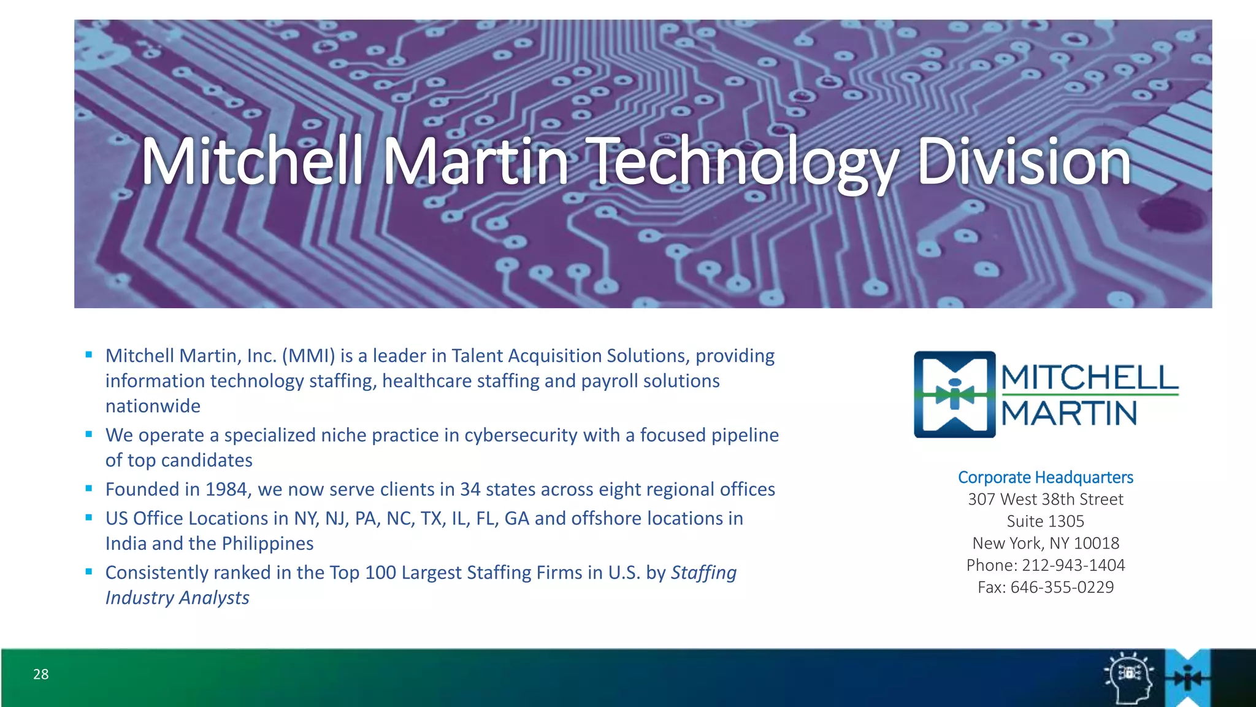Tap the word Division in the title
1024,162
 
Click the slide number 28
41,674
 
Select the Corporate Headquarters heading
1046,477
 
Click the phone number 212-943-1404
1073,565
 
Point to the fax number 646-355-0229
1062,587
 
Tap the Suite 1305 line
1046,522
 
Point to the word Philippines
267,544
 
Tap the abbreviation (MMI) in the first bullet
308,356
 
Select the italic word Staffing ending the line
703,573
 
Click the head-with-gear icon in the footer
1128,677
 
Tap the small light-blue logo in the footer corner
1188,678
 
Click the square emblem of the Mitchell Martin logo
954,395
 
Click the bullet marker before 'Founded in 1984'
89,489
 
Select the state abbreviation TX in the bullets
431,519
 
